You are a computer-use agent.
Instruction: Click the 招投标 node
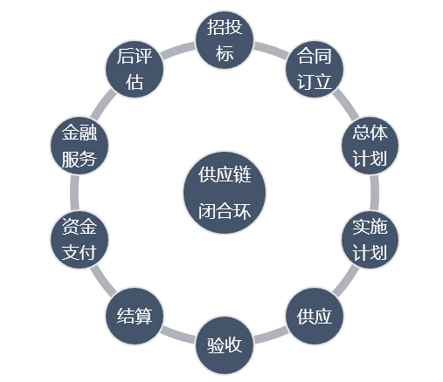click(x=225, y=40)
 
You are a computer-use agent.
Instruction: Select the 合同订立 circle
click(x=315, y=69)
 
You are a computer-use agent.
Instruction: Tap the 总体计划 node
click(x=370, y=146)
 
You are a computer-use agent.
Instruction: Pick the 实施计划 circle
click(x=370, y=240)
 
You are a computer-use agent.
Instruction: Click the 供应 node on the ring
click(x=315, y=316)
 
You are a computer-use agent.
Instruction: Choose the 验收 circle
click(x=225, y=345)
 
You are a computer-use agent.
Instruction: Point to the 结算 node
click(x=135, y=316)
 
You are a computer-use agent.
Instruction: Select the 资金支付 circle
click(x=80, y=240)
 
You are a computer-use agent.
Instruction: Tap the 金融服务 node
click(x=80, y=146)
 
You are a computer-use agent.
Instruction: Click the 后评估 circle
click(x=135, y=69)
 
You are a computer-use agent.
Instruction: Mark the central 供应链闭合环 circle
click(x=225, y=193)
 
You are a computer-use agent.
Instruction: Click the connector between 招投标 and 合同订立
click(x=271, y=49)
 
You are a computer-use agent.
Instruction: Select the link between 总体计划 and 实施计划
click(x=375, y=193)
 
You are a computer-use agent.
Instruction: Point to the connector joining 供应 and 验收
click(x=271, y=337)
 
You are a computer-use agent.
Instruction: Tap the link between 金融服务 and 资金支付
click(x=74, y=193)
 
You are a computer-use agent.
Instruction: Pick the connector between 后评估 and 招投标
click(x=178, y=49)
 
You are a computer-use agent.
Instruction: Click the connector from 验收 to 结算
click(x=178, y=337)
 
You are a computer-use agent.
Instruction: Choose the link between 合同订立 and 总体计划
click(x=346, y=104)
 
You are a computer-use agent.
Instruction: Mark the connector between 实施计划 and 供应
click(x=346, y=281)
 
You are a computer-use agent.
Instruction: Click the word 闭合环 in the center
click(x=225, y=211)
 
